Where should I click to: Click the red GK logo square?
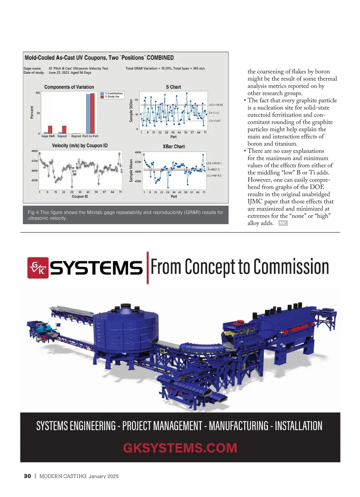pos(38,268)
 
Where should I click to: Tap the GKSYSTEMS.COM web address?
pos(180,448)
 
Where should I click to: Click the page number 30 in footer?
pos(27,476)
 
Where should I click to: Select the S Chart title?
pos(173,87)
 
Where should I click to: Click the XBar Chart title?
pos(174,146)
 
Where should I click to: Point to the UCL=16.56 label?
pos(216,105)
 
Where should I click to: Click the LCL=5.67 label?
pos(215,121)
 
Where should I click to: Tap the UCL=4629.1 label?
pos(214,163)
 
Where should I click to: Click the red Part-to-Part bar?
pos(92,113)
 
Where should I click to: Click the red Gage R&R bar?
pos(50,130)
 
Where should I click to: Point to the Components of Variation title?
pos(69,87)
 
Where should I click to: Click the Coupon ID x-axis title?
pos(80,196)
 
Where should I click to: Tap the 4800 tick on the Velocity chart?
pos(34,151)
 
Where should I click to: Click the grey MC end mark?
pos(283,223)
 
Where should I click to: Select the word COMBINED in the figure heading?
pos(160,58)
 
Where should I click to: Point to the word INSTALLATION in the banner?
pos(298,426)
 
